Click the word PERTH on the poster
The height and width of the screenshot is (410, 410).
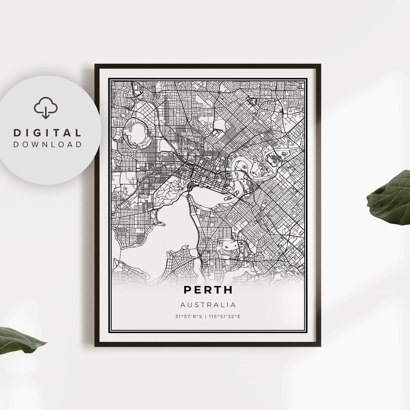point(208,290)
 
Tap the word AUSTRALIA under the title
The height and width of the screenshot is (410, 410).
point(208,305)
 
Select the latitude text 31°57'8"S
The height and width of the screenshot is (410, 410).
point(189,316)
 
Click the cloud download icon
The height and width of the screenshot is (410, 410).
point(46,107)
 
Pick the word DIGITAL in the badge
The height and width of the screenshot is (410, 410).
point(47,133)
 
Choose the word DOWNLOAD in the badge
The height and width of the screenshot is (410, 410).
point(47,144)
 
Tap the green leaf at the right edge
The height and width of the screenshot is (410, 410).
point(391,197)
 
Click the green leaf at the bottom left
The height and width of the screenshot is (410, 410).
point(19,340)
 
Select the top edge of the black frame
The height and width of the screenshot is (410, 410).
point(208,65)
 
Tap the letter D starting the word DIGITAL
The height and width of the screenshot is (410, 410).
point(17,133)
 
